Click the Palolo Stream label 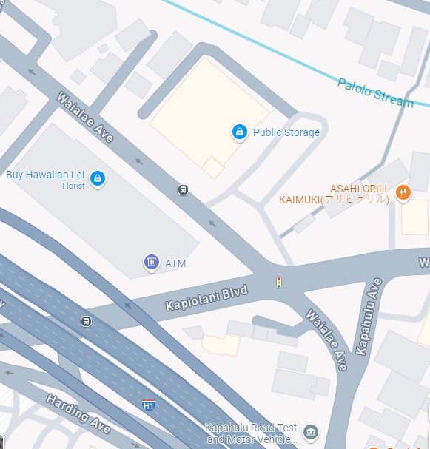[375, 92]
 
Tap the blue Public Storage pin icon [239, 132]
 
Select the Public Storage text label [286, 132]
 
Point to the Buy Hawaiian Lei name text [45, 175]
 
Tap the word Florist [73, 186]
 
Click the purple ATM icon [152, 262]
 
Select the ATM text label [175, 263]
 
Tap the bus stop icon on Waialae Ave [183, 190]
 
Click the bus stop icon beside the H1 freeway [87, 321]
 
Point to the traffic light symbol [278, 282]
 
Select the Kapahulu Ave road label [368, 317]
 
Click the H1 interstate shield [149, 405]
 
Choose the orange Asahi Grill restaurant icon [403, 193]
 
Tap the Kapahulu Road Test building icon [311, 432]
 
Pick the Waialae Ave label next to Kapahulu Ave [325, 340]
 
